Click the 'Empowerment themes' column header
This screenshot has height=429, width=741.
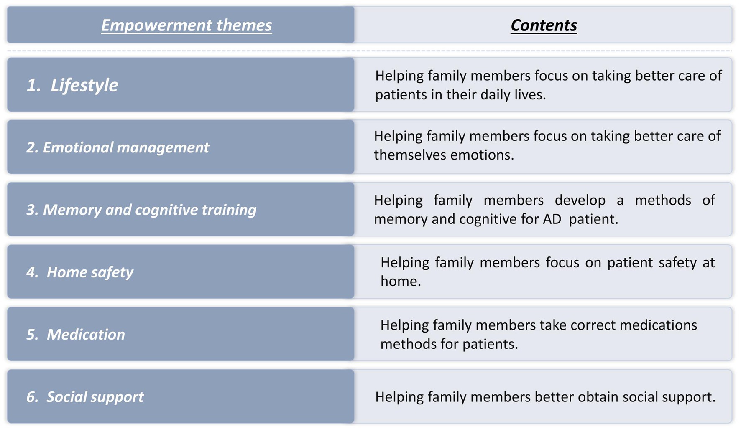(x=187, y=25)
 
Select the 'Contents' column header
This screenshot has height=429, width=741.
(x=544, y=25)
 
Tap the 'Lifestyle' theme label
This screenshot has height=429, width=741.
(x=84, y=85)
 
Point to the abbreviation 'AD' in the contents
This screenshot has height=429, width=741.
(x=552, y=219)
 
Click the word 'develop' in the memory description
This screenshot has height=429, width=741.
(x=580, y=201)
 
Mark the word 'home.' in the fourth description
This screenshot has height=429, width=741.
(x=401, y=281)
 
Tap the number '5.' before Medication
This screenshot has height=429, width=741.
(x=32, y=335)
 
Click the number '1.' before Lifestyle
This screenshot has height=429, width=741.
(x=33, y=85)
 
